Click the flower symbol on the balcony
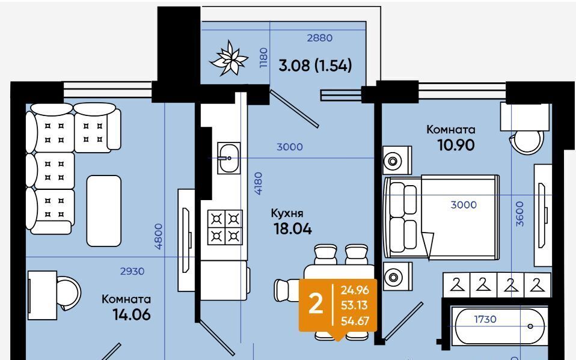[x=228, y=58]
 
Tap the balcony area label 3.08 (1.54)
[x=315, y=66]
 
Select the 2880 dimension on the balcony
[x=320, y=38]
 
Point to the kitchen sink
[x=229, y=158]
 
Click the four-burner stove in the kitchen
[x=225, y=227]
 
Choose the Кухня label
[x=287, y=213]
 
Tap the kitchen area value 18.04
[x=293, y=229]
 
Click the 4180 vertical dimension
[x=259, y=183]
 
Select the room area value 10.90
[x=456, y=145]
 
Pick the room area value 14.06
[x=132, y=315]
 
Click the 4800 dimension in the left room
[x=158, y=236]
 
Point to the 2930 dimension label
[x=132, y=272]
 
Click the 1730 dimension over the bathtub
[x=485, y=320]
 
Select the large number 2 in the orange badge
[x=315, y=305]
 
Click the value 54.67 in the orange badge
[x=355, y=321]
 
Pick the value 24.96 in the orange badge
[x=355, y=290]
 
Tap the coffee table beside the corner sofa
[x=104, y=211]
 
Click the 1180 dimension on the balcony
[x=263, y=58]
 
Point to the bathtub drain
[x=530, y=326]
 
